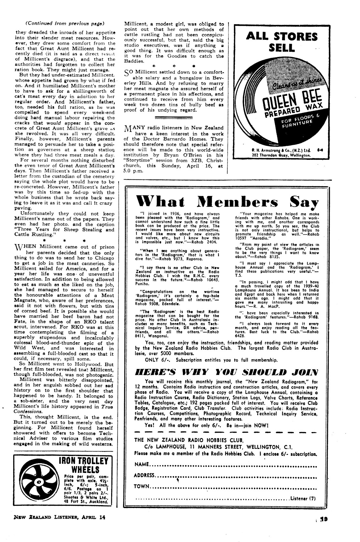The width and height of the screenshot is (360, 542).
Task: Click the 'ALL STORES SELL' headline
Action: pos(282,42)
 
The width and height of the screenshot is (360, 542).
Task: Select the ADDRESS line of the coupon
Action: pos(144,475)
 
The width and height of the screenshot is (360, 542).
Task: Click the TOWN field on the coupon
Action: pos(142,486)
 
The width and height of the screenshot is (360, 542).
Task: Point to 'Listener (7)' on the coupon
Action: pos(302,498)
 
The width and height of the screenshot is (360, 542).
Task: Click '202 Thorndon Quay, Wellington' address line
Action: pos(281,155)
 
